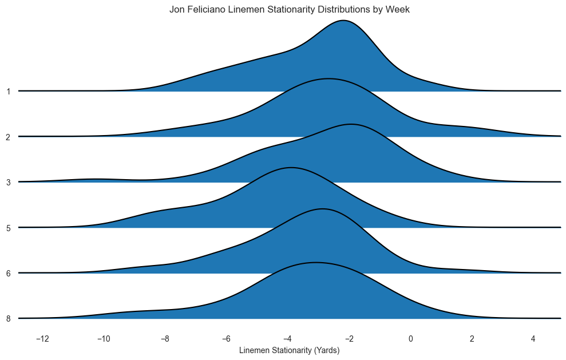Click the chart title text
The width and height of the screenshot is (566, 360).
(290, 10)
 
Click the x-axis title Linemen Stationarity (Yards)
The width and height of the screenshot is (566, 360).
(290, 350)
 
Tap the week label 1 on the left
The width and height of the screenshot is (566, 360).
(9, 91)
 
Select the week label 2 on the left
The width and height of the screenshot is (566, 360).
(9, 137)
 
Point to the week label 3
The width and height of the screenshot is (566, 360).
(9, 182)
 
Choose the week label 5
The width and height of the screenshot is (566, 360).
(9, 228)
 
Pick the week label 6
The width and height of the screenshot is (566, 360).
(9, 273)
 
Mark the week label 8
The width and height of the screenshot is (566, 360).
(9, 318)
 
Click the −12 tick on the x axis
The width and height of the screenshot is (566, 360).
(42, 338)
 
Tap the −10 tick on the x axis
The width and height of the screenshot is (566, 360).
(104, 338)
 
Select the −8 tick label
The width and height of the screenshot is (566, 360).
(165, 338)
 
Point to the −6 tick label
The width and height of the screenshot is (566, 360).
(226, 338)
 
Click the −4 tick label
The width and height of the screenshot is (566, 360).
(288, 338)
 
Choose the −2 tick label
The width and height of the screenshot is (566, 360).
(349, 338)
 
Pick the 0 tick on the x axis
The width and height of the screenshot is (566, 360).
(410, 338)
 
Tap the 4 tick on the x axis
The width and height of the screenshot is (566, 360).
(533, 338)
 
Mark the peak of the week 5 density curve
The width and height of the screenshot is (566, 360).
(291, 168)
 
